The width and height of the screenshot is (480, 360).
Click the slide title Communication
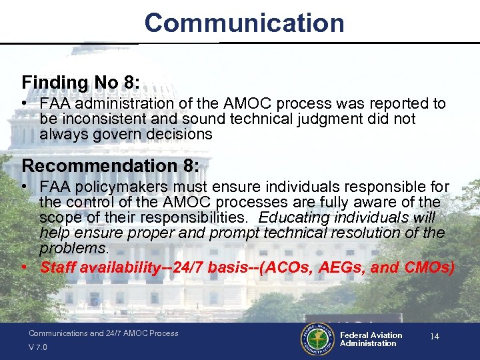point(244,23)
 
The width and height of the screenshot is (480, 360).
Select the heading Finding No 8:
point(81,83)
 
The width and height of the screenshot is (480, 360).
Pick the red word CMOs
point(429,268)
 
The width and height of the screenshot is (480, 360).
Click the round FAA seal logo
point(318,339)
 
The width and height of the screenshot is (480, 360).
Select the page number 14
point(434,337)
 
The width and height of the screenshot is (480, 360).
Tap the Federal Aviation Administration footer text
point(371,339)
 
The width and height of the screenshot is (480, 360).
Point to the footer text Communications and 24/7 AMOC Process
point(103,333)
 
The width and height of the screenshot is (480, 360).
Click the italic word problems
point(73,248)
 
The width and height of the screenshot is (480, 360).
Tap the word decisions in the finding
point(179,134)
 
